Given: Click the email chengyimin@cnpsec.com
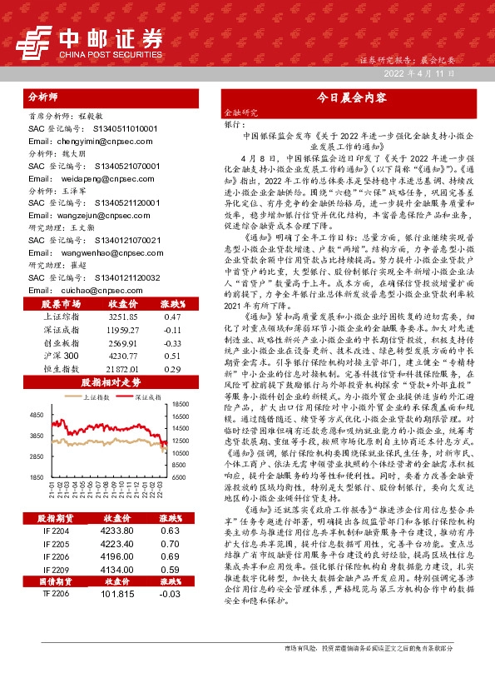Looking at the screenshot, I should coord(80,142).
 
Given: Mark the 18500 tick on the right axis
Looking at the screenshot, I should coord(182,402).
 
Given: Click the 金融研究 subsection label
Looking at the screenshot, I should coord(242,111).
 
